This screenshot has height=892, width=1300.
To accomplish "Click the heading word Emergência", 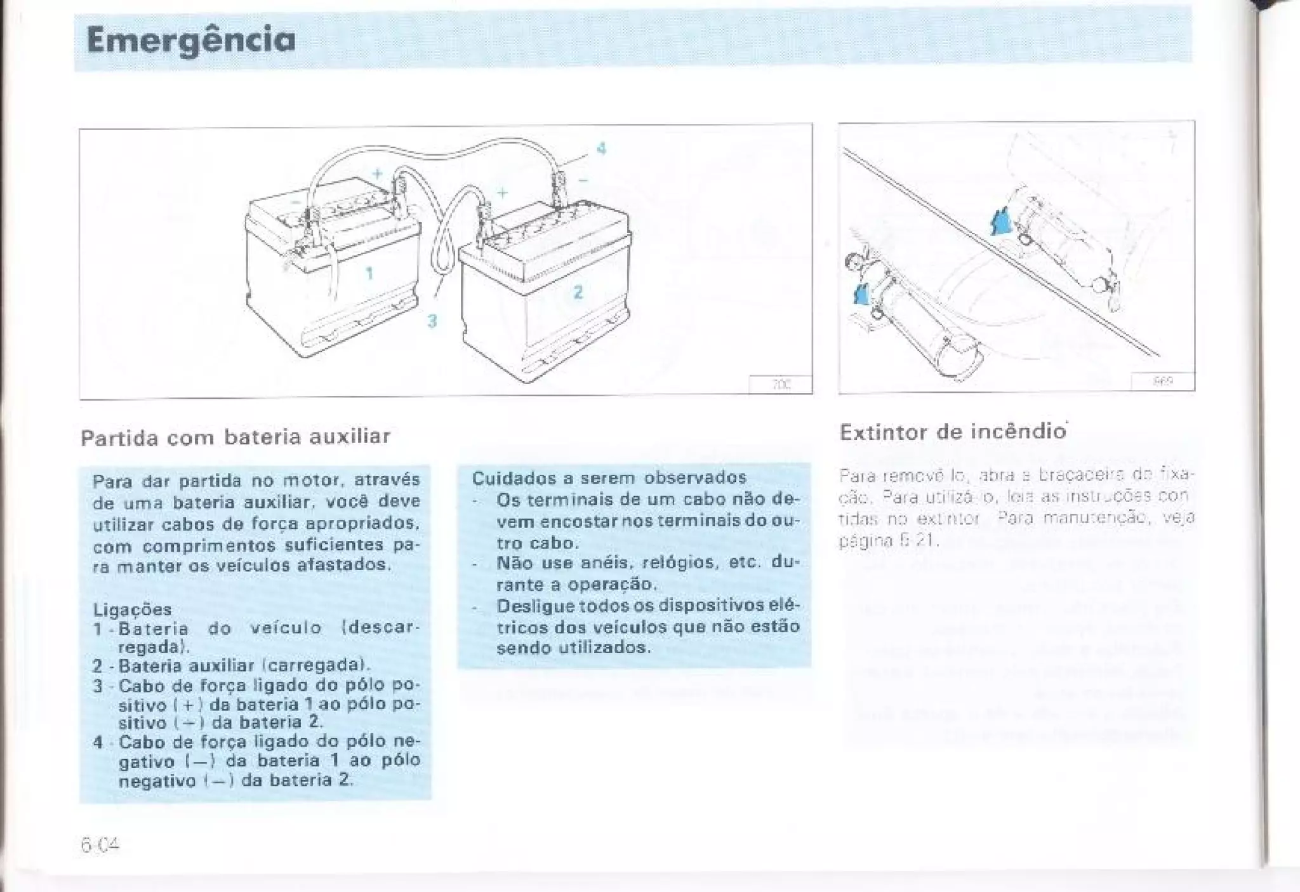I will [x=190, y=41].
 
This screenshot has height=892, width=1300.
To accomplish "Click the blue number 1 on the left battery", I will [x=369, y=274].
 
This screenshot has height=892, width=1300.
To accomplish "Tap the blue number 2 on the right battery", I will [x=578, y=293].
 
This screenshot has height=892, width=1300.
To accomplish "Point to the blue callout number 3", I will [x=432, y=321].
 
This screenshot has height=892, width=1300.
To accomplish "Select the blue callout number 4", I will [x=601, y=149].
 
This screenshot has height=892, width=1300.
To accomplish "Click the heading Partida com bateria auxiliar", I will [x=235, y=437].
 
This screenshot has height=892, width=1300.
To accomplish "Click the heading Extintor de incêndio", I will [x=952, y=432].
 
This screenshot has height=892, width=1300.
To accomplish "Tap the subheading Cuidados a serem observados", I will [x=609, y=477].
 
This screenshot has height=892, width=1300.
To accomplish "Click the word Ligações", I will [x=132, y=609].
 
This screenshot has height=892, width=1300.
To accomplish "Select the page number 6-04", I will [x=100, y=845].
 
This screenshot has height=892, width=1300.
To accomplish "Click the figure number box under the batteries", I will [x=780, y=385].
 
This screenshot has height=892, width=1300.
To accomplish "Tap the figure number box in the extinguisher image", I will [x=1162, y=382].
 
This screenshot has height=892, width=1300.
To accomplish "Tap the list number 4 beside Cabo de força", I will [x=98, y=742].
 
